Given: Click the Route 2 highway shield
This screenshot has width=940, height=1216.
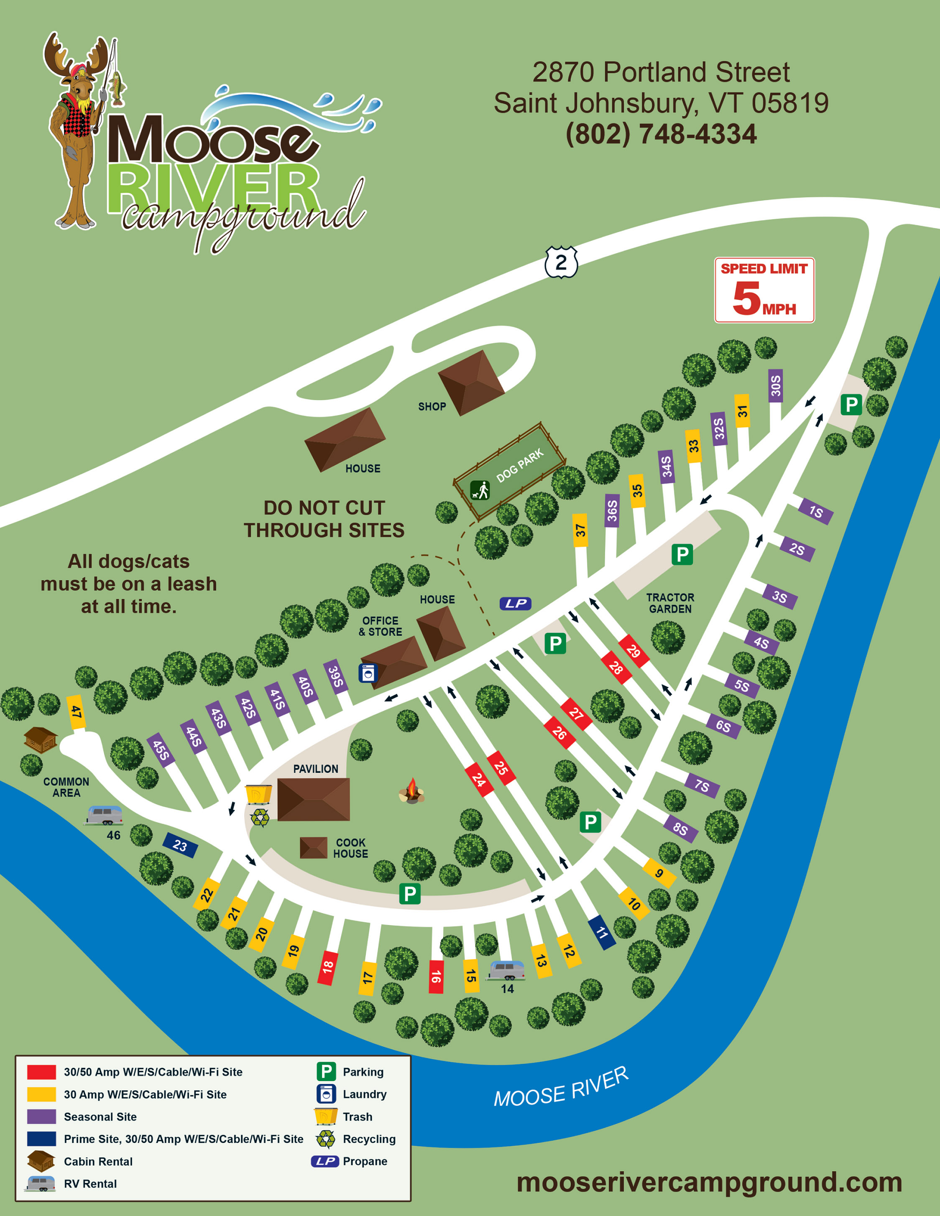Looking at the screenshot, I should click(561, 262).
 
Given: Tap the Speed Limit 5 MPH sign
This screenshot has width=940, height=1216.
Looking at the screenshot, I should click(764, 290).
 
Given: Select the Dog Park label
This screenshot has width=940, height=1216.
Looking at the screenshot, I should click(520, 466).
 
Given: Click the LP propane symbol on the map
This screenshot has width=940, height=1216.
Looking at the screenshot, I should click(516, 604).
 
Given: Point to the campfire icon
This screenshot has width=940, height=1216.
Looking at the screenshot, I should click(411, 791).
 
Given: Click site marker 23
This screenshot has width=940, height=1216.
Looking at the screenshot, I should click(179, 845).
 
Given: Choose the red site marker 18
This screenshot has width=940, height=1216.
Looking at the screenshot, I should click(327, 966).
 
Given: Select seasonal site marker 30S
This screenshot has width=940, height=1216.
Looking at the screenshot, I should click(775, 386).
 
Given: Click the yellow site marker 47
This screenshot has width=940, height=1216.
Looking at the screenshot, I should click(76, 711).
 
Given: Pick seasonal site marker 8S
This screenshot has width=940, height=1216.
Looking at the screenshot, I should click(680, 829).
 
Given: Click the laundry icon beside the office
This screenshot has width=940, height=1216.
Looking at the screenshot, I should click(368, 673).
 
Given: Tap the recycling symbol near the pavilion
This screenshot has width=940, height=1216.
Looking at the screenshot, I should click(260, 817).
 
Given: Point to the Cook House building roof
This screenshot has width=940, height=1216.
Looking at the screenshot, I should click(314, 847).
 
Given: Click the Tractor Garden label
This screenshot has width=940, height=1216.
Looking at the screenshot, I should click(670, 603).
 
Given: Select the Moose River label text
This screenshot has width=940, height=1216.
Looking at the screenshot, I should click(561, 1087).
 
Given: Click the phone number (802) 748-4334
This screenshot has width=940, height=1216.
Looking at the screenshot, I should click(661, 134).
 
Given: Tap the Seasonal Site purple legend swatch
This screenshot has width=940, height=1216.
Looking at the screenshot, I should click(41, 1117).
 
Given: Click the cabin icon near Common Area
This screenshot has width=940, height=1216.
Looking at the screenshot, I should click(40, 739).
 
